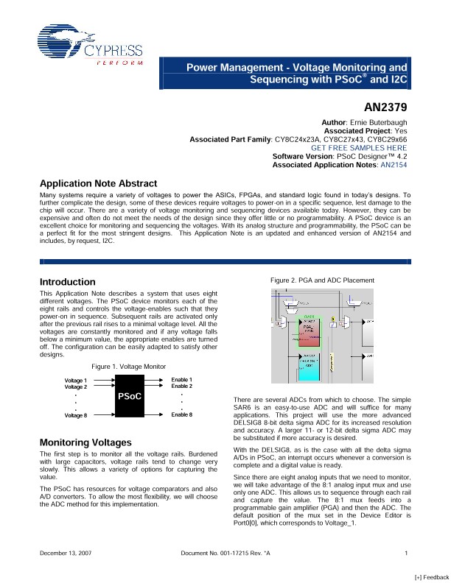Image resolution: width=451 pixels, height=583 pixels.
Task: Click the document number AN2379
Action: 385,106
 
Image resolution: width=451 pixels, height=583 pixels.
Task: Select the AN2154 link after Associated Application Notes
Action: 393,165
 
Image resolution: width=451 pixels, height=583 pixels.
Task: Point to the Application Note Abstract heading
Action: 98,183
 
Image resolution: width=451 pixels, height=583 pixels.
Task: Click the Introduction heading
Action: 67,282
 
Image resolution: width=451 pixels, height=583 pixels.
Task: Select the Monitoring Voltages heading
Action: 85,442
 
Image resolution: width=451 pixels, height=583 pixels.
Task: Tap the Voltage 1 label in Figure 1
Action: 75,379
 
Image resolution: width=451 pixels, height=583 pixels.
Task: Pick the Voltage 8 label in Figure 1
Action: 75,415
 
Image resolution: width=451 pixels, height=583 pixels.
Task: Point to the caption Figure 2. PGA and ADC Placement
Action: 322,280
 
